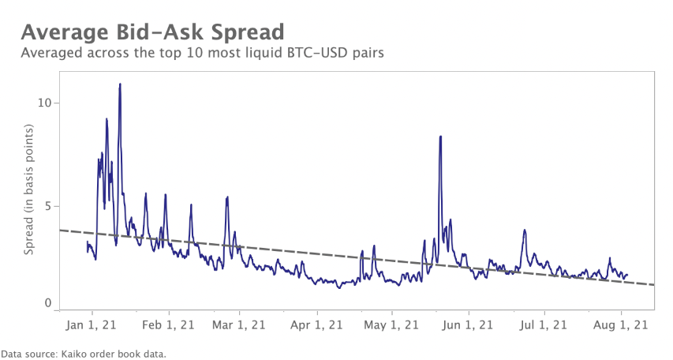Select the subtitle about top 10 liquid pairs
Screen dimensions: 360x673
point(207,53)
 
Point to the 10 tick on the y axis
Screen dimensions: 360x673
point(44,103)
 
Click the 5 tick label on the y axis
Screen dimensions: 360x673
point(47,206)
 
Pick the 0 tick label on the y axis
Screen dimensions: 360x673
point(47,304)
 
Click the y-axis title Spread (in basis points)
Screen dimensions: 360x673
point(29,189)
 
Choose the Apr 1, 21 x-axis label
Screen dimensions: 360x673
point(316,324)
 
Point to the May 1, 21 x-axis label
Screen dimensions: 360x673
point(391,324)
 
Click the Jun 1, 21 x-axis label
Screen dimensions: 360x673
point(469,324)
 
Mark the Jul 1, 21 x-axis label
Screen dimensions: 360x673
point(544,324)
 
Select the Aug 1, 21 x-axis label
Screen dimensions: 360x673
point(621,324)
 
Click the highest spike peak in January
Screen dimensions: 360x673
point(120,84)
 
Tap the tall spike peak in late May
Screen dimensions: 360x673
point(440,137)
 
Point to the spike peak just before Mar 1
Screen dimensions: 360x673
point(227,197)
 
